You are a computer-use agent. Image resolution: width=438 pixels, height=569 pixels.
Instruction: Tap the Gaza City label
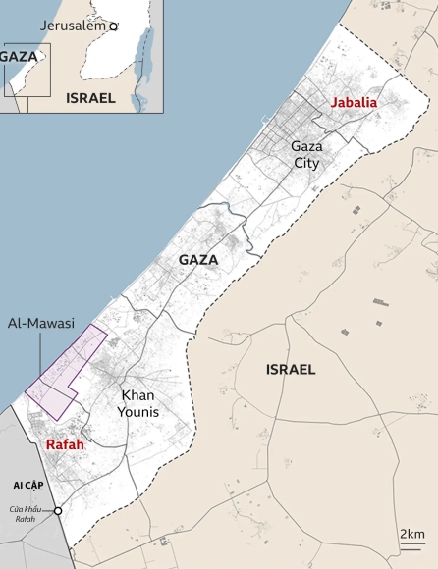(x=306, y=153)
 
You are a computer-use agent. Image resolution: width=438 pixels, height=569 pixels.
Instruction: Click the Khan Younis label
(x=138, y=403)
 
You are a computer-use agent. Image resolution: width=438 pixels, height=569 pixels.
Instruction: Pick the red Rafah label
(x=65, y=444)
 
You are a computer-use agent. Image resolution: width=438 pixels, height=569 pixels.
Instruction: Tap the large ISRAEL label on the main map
(x=291, y=370)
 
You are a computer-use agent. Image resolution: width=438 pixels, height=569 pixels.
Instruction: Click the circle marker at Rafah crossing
(x=58, y=511)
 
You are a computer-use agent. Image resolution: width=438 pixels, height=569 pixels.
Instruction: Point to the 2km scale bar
(x=411, y=543)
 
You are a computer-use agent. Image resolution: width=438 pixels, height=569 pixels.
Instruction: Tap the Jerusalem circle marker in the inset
(x=114, y=26)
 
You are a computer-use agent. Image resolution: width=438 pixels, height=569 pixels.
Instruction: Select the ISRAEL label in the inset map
(x=90, y=98)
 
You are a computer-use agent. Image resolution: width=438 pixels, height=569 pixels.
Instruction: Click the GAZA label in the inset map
(x=19, y=57)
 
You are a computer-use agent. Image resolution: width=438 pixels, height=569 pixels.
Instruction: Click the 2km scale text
(x=411, y=533)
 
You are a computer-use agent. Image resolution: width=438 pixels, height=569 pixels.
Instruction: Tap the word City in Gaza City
(x=306, y=161)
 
